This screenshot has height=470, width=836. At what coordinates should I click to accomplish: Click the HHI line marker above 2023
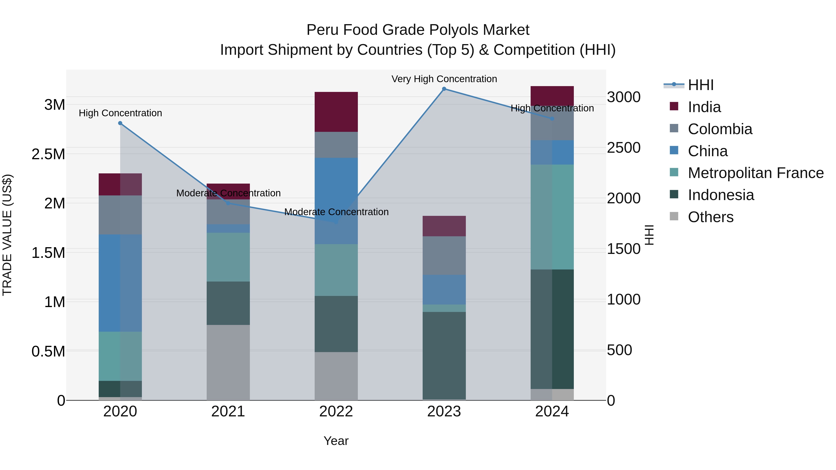click(x=444, y=89)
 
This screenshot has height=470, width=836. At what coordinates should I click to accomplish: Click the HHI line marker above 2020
click(x=120, y=123)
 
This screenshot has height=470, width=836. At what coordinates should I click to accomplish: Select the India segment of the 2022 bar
click(x=336, y=112)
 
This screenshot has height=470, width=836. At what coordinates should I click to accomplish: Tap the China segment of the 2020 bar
click(x=120, y=283)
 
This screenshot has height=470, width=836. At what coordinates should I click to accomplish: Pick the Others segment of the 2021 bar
click(x=228, y=362)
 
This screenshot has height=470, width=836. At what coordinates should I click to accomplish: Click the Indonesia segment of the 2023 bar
click(x=444, y=356)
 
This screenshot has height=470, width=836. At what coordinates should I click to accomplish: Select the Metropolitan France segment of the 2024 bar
click(x=552, y=217)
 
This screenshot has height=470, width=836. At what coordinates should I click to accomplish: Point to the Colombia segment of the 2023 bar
click(x=444, y=255)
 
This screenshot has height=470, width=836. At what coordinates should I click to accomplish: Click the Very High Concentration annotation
click(x=444, y=79)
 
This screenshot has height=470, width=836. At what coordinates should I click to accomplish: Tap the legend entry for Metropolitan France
click(x=755, y=173)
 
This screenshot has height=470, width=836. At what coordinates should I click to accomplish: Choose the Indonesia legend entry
click(x=721, y=195)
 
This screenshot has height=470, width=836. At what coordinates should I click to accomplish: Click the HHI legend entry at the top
click(x=700, y=85)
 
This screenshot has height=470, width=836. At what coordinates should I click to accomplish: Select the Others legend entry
click(x=710, y=217)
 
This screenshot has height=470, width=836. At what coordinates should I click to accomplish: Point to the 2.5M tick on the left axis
click(x=48, y=154)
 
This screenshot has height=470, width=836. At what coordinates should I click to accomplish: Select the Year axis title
click(x=336, y=441)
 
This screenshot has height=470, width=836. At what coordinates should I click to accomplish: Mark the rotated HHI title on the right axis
click(x=649, y=235)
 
